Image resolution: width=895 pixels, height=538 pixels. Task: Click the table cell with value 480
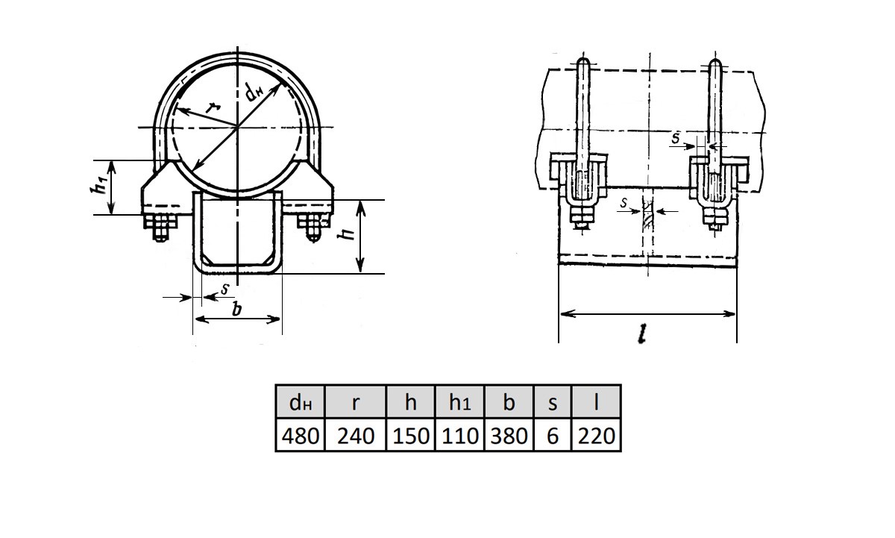click(300, 435)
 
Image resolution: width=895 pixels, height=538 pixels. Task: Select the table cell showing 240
click(356, 435)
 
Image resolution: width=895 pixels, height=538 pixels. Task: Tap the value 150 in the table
click(411, 435)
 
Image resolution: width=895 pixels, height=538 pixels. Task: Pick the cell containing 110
click(460, 435)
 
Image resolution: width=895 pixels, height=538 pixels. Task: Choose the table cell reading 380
click(509, 435)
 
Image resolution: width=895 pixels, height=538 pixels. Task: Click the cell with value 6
click(553, 435)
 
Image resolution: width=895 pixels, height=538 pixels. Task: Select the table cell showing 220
click(596, 435)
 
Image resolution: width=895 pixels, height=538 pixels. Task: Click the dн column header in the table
click(300, 402)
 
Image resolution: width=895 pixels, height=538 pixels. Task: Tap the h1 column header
click(460, 402)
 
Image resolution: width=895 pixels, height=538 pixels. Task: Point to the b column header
click(509, 402)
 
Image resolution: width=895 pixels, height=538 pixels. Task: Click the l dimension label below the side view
click(641, 334)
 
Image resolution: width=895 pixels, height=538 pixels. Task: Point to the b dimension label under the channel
click(237, 309)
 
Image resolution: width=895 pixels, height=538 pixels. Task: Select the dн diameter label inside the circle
click(254, 93)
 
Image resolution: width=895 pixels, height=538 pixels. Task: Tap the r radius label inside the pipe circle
click(213, 107)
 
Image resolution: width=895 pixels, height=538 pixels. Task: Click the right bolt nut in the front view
click(314, 227)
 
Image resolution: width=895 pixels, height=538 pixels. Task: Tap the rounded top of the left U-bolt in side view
click(583, 63)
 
